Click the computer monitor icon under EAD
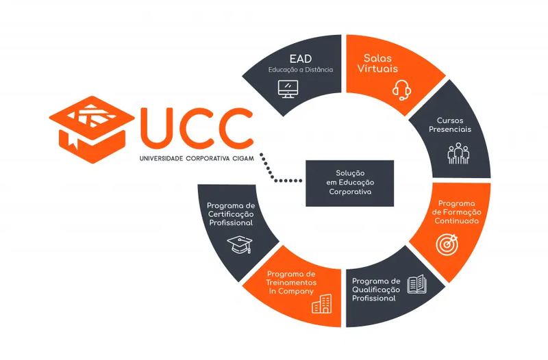tap(288, 89)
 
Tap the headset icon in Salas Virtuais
tap(401, 90)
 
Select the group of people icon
tap(458, 153)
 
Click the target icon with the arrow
tap(447, 244)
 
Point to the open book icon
tap(417, 284)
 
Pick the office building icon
tap(321, 304)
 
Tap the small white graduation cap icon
tap(240, 244)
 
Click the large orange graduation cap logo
tap(92, 129)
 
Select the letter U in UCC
tap(158, 128)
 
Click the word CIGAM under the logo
tap(243, 159)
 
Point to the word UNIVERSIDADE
tap(161, 159)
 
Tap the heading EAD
tap(301, 59)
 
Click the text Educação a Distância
tap(301, 70)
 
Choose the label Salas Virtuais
tap(377, 63)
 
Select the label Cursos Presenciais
tap(450, 125)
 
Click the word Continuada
tap(456, 220)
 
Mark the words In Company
tap(291, 292)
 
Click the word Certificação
tap(231, 214)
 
